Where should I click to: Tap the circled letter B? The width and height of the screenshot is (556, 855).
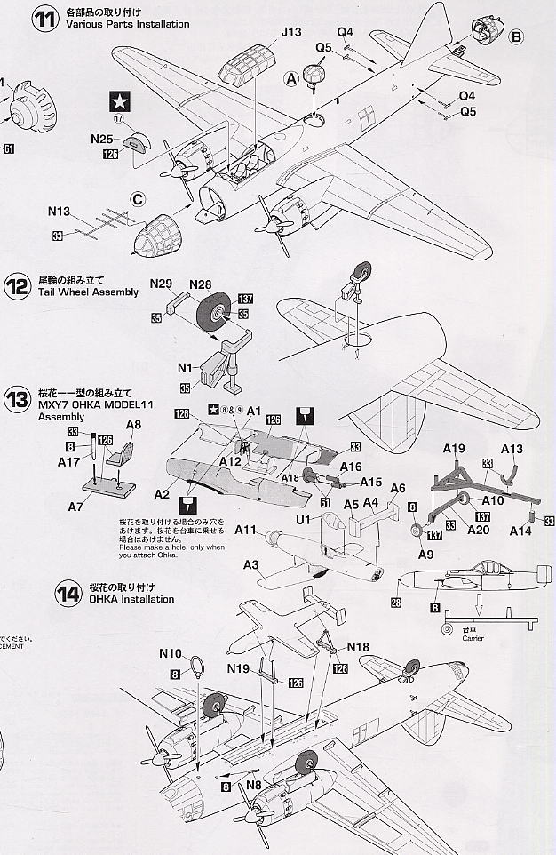(517, 36)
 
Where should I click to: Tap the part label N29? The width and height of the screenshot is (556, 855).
(161, 284)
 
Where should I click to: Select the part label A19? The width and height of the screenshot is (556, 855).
(454, 448)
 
